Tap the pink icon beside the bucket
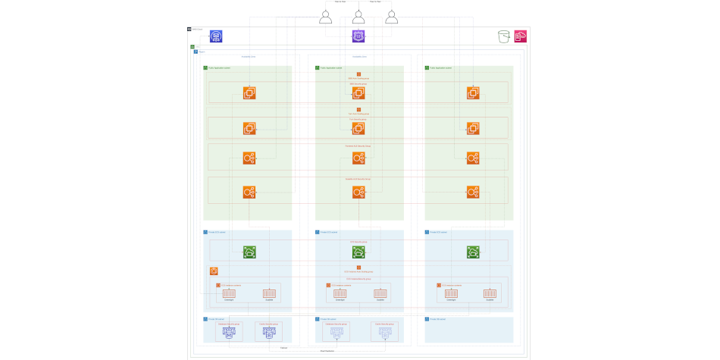[521, 36]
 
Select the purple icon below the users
[358, 36]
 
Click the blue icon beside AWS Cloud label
[216, 36]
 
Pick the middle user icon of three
[358, 17]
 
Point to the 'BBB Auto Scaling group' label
[358, 78]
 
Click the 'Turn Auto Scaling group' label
[358, 114]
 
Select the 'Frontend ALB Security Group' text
[358, 146]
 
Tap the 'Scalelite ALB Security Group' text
[358, 179]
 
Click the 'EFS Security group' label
[358, 242]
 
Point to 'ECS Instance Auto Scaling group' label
[358, 271]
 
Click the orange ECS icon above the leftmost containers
[214, 271]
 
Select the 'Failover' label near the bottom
[283, 347]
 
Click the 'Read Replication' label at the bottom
[327, 351]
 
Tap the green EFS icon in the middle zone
[358, 252]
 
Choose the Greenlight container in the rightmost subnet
[451, 293]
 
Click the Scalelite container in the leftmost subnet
[268, 293]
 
